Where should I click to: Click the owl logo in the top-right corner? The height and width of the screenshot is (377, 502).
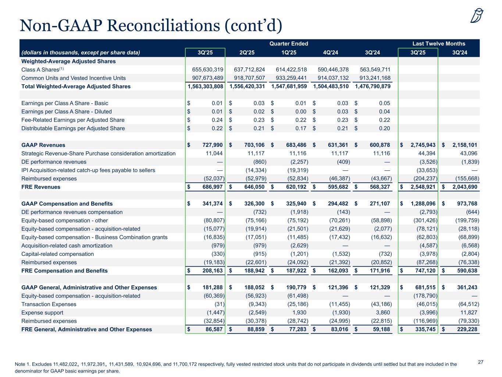(x=477, y=16)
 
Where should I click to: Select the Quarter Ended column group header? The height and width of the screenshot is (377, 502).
(x=289, y=43)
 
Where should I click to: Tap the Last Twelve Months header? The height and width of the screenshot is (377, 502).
(x=439, y=43)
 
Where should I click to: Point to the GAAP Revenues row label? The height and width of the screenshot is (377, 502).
(x=43, y=145)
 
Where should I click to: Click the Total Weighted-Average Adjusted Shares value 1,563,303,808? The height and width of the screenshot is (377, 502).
(x=206, y=87)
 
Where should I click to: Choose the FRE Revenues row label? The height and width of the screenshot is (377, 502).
(x=41, y=187)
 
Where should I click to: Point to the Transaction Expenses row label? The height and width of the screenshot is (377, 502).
(x=49, y=304)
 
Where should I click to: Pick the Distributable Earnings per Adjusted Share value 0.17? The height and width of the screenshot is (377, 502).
(x=300, y=128)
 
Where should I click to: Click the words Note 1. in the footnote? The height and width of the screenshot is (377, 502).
(x=22, y=364)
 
